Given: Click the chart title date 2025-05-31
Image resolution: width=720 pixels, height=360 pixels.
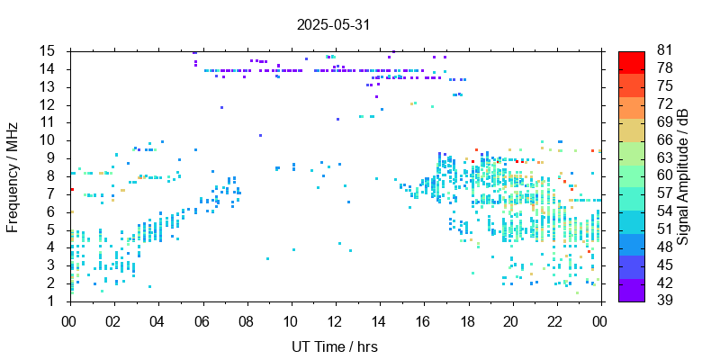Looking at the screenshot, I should click(333, 25).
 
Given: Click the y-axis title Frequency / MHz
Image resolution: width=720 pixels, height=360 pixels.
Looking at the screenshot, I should click(13, 175).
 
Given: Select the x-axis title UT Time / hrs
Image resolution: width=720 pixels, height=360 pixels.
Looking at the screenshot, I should click(333, 346).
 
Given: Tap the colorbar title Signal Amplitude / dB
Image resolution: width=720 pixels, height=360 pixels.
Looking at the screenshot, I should click(683, 175).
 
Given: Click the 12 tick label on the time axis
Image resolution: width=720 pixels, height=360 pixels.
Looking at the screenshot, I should click(335, 321).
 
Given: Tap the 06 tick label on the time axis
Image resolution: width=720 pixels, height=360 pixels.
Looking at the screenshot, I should click(202, 321).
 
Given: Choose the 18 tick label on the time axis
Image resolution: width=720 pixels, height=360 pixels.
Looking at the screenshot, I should click(468, 321).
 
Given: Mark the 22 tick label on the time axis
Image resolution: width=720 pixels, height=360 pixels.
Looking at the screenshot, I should click(556, 321).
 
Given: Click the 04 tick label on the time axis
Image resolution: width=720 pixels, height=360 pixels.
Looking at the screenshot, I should click(158, 321).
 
